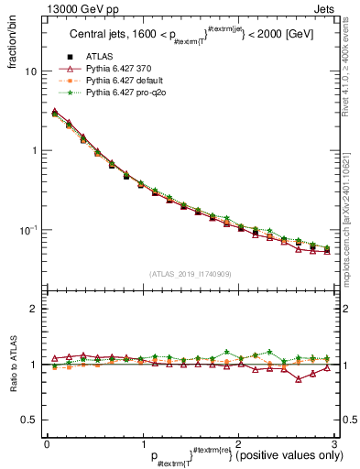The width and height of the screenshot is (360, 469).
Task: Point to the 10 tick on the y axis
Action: tap(29, 71)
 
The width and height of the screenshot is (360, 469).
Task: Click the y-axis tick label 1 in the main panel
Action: tap(33, 150)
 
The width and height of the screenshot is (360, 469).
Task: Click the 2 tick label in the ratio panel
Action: tap(33, 309)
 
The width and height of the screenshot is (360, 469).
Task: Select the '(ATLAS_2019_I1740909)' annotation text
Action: tap(190, 273)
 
